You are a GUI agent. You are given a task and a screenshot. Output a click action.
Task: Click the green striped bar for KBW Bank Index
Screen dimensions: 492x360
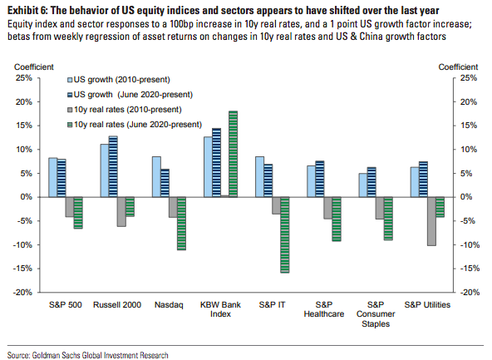coord(234,154)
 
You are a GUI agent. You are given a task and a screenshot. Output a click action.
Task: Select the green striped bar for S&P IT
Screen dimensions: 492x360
coord(285,234)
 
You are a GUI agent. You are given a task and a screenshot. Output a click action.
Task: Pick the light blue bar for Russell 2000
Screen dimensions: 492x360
coord(105,170)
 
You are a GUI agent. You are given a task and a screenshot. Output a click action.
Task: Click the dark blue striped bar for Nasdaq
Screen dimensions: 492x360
coord(165,183)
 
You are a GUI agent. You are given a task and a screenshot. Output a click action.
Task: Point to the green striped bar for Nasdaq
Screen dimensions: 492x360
coord(181,224)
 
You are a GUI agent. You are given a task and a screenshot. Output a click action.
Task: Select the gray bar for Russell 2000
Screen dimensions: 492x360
coord(121,211)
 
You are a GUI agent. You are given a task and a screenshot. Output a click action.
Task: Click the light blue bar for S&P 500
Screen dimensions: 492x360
coord(53,178)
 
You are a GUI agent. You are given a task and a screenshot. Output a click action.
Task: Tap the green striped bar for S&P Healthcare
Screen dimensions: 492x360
coord(337,219)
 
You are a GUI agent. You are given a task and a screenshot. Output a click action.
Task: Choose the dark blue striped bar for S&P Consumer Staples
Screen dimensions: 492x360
coord(371,182)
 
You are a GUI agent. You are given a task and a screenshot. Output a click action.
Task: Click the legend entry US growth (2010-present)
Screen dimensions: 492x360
coord(119,80)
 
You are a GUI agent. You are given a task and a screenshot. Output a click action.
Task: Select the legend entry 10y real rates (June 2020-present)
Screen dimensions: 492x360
coord(135,125)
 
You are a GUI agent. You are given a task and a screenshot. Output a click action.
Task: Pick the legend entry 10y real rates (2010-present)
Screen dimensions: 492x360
coord(125,110)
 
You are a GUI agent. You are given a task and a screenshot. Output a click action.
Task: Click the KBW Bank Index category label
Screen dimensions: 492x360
coord(220,309)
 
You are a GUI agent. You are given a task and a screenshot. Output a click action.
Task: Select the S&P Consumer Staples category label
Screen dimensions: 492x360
coord(376,314)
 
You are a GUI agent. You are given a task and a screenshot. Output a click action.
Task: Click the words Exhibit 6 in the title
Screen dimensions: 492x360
coord(27,11)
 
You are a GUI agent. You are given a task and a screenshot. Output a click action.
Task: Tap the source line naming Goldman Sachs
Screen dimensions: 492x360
coord(88,355)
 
